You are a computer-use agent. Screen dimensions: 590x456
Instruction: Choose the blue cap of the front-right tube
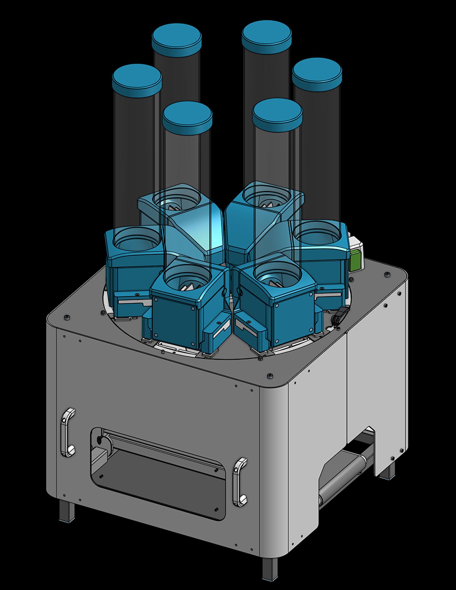pos(277,113)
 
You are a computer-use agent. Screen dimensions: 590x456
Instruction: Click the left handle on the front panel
pos(68,432)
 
